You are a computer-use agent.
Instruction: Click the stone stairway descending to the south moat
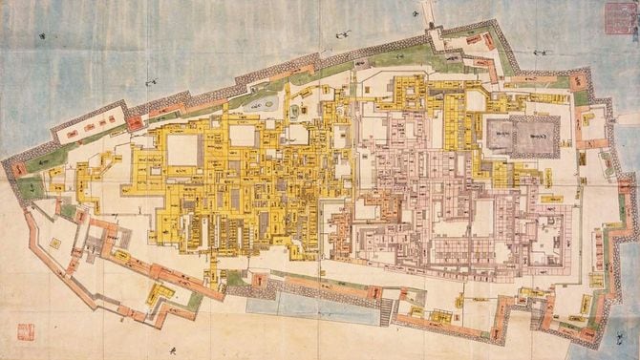click(x=387, y=308)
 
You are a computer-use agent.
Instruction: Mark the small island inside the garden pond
click(x=267, y=101)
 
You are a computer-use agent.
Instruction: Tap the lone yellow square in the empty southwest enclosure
click(x=54, y=244)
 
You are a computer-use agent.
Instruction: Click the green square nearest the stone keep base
click(x=582, y=97)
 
